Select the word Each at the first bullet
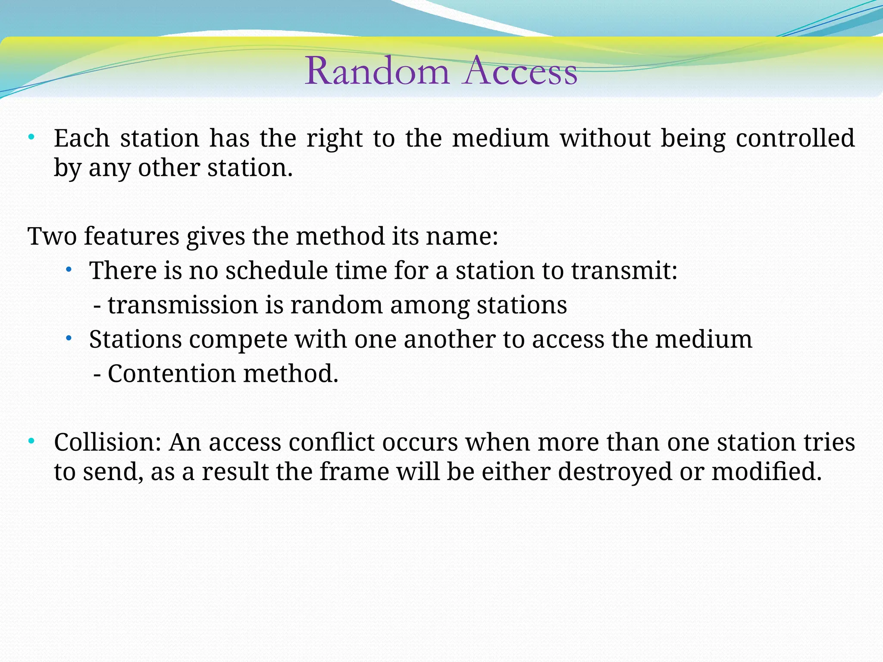81,138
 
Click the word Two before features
52,237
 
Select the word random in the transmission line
336,305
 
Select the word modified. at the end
766,472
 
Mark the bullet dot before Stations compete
69,339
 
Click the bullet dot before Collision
31,441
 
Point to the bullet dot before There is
69,270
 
